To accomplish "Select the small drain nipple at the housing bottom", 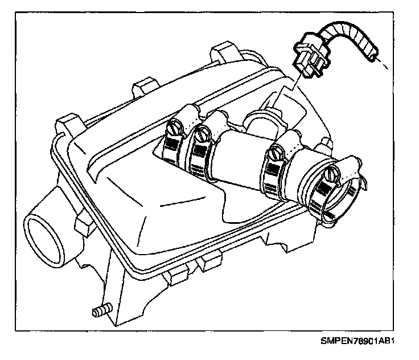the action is tap(100, 311).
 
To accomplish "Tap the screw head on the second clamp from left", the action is tap(200, 135).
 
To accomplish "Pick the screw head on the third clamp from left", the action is tap(277, 152).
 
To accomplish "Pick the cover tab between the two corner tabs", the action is tap(143, 89).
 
